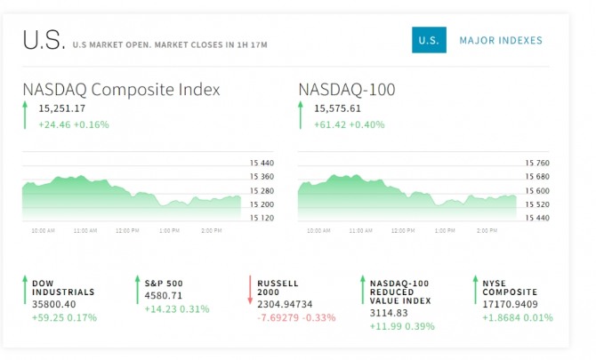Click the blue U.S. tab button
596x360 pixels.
pos(429,40)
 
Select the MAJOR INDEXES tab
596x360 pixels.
pos(501,40)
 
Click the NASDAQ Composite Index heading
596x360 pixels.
pos(122,90)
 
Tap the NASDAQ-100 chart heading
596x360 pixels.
pos(347,90)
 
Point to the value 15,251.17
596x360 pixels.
pos(62,108)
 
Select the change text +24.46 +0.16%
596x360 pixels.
pos(74,124)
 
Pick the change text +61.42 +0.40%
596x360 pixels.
pos(350,124)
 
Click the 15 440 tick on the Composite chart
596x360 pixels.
pos(262,163)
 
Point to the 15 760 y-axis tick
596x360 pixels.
pos(538,163)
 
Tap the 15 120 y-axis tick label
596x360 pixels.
pos(262,218)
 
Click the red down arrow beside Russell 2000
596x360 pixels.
pos(251,291)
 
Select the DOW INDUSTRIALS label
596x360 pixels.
pos(63,287)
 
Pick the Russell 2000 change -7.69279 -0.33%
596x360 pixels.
pos(296,316)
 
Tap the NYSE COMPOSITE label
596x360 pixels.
pos(510,287)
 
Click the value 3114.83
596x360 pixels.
pos(389,312)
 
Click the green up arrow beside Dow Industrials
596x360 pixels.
pos(24,291)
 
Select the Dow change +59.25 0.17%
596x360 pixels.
pos(64,316)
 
